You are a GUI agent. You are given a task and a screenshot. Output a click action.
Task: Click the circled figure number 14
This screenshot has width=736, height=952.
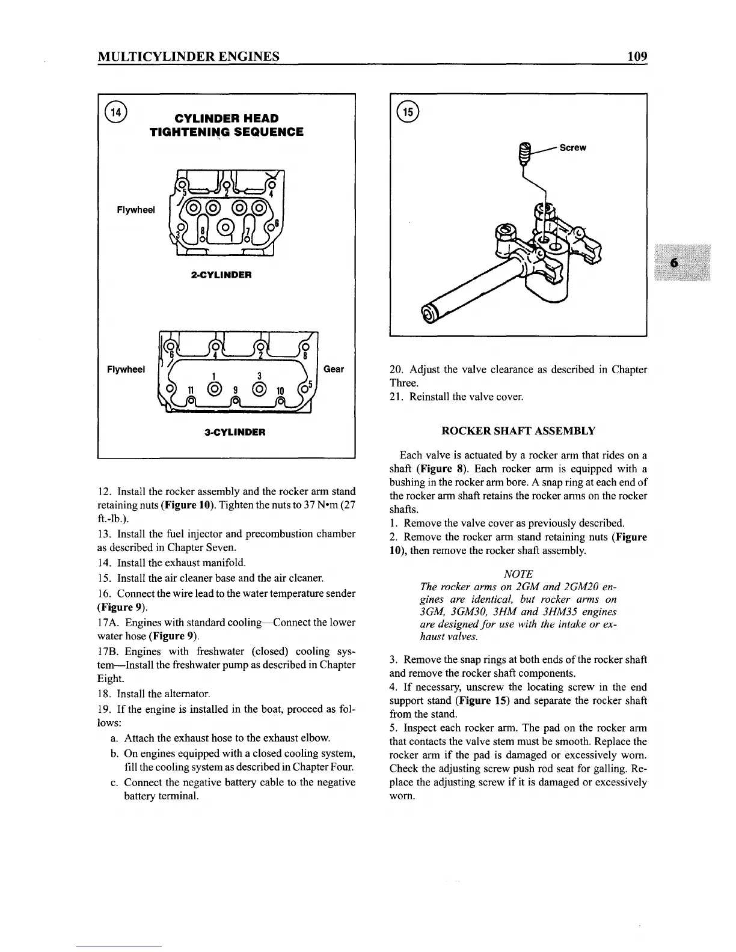[115, 112]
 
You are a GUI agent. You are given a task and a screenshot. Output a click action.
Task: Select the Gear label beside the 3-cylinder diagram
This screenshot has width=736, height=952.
[334, 369]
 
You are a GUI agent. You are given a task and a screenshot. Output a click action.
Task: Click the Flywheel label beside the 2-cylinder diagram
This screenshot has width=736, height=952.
[135, 210]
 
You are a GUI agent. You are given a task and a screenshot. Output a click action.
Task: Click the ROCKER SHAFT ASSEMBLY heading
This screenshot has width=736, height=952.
[518, 430]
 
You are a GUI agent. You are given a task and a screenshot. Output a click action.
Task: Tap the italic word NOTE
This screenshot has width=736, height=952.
[518, 574]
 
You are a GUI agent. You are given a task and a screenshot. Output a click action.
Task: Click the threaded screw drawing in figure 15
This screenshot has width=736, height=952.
[526, 154]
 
